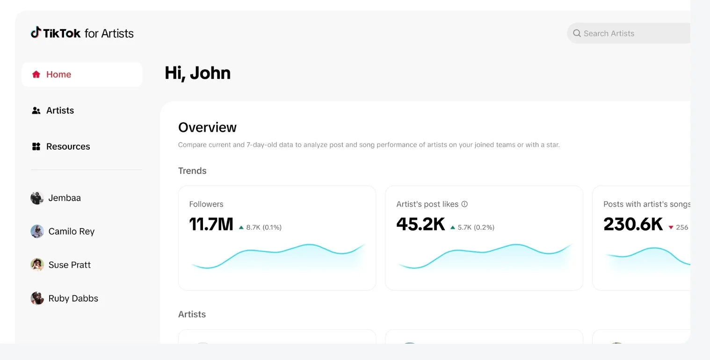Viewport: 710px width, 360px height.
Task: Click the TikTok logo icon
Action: pyautogui.click(x=36, y=32)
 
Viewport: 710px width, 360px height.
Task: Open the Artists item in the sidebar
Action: pyautogui.click(x=60, y=110)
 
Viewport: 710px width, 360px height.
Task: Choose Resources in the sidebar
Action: pyautogui.click(x=68, y=146)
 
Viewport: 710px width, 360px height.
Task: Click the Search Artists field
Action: pyautogui.click(x=631, y=33)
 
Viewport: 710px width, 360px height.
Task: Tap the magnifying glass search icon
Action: pyautogui.click(x=577, y=33)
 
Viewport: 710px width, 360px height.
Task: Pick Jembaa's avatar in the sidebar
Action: pyautogui.click(x=37, y=198)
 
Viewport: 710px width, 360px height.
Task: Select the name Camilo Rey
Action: pyautogui.click(x=71, y=231)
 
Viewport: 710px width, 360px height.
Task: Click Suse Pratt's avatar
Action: pyautogui.click(x=37, y=265)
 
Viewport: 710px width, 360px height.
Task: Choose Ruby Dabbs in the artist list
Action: pyautogui.click(x=73, y=298)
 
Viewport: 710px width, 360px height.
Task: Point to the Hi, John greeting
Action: pyautogui.click(x=197, y=73)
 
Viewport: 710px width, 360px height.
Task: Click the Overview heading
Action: pyautogui.click(x=207, y=127)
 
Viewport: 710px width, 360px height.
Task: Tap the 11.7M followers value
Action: pyautogui.click(x=211, y=224)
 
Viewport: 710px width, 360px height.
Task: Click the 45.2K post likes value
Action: pyautogui.click(x=420, y=224)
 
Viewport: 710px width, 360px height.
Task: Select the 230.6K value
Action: pyautogui.click(x=633, y=224)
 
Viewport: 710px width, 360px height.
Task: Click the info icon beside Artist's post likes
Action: pyautogui.click(x=464, y=204)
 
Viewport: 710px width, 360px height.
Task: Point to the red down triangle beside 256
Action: pyautogui.click(x=671, y=228)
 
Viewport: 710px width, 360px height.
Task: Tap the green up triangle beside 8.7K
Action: pyautogui.click(x=241, y=228)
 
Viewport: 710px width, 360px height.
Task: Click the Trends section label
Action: pyautogui.click(x=192, y=171)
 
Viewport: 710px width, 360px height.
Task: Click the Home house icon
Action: pyautogui.click(x=36, y=74)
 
